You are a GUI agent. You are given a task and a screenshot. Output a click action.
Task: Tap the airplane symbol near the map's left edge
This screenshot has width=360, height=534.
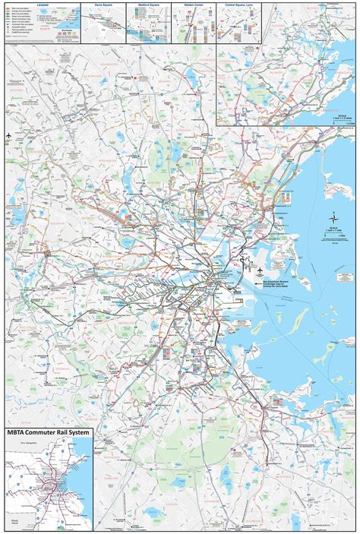[x=8, y=136]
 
